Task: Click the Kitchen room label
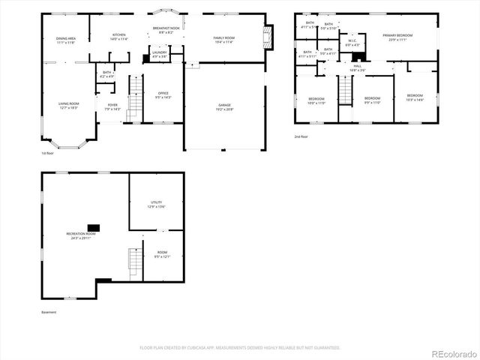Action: [x=119, y=35]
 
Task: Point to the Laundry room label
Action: [x=159, y=53]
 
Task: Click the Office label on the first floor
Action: [x=163, y=94]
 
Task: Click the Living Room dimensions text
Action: [x=69, y=109]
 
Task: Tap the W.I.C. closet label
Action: [x=352, y=43]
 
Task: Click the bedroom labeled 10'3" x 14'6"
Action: [x=415, y=97]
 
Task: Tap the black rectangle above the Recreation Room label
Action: [x=94, y=226]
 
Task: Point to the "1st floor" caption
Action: [x=49, y=153]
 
